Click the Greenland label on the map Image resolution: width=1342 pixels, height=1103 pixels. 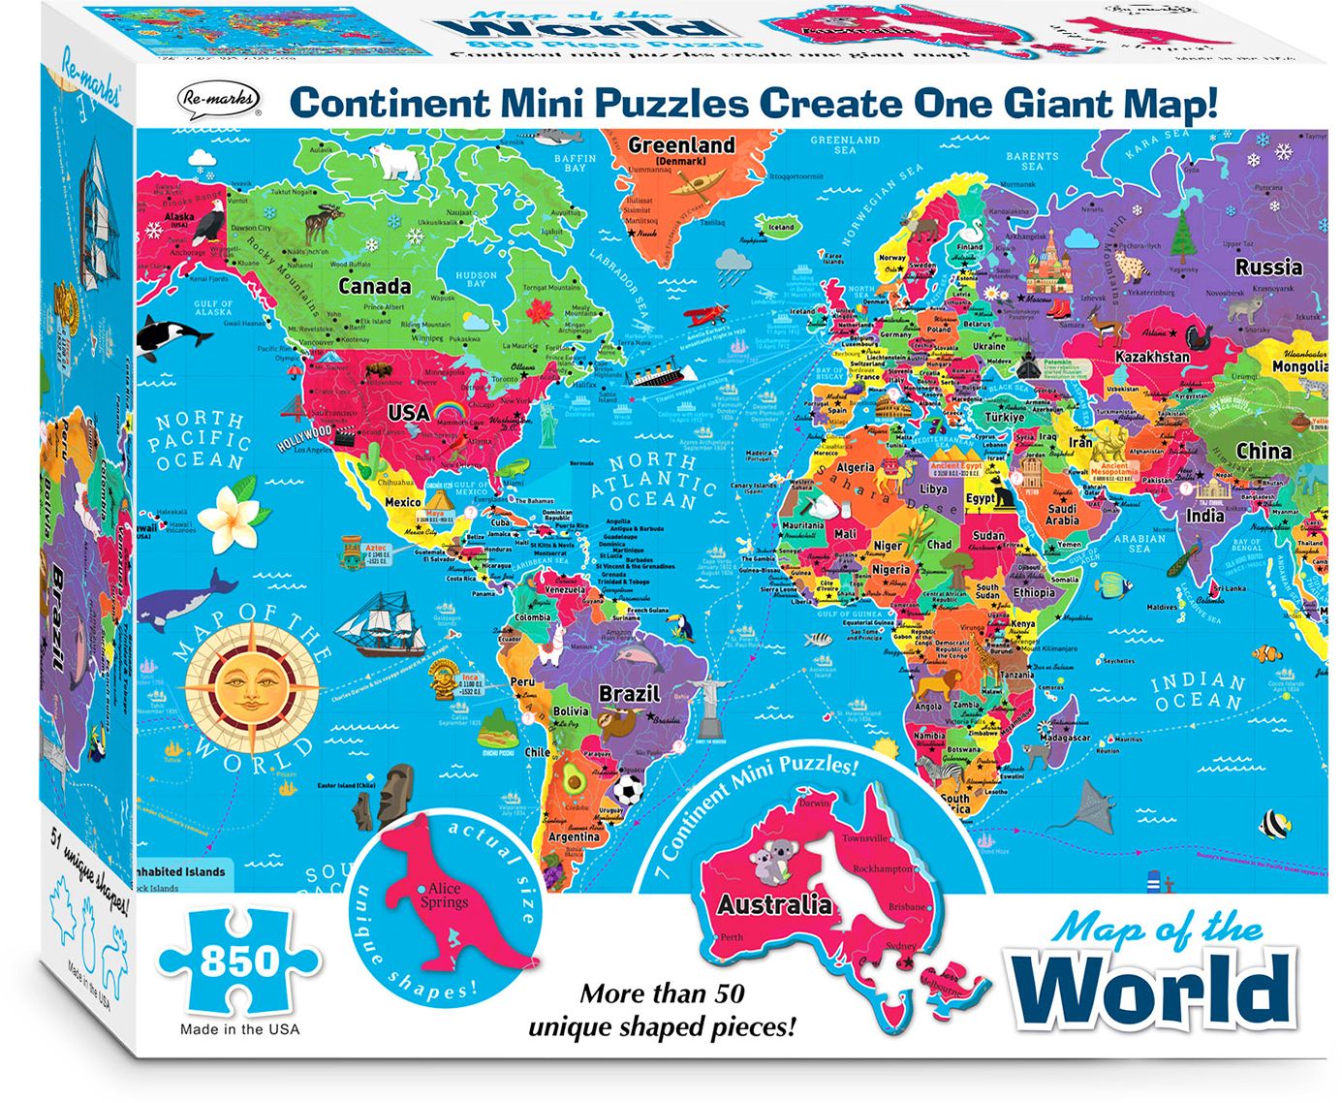pos(681,145)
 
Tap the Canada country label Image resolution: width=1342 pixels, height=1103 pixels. pos(374,286)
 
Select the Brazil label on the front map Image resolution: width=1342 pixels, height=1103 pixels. pos(629,694)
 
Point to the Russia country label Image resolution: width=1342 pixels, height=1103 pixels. pos(1267,267)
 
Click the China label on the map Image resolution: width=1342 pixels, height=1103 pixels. pos(1264,451)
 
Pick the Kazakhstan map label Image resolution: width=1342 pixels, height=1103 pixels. pos(1152,357)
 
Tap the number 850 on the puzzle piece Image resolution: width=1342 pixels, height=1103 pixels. pos(238,961)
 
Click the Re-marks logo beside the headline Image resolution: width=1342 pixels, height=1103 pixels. pos(219,100)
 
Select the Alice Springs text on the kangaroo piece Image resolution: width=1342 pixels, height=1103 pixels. pos(445,896)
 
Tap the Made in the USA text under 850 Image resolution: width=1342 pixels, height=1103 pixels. pos(239,1029)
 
